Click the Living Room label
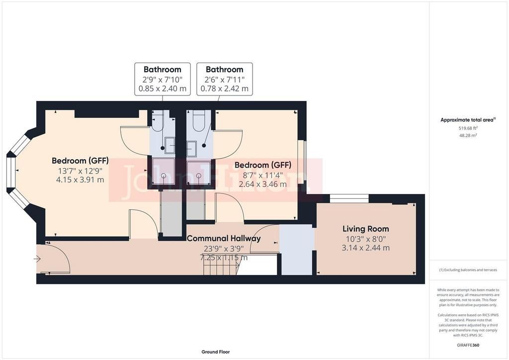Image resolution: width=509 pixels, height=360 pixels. (365, 229)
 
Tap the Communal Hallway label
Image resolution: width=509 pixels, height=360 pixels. (224, 238)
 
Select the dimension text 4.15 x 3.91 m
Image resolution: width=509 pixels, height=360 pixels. (80, 180)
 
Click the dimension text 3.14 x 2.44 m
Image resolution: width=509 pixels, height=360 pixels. (365, 248)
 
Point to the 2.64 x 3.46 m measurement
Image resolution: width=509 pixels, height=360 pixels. (262, 184)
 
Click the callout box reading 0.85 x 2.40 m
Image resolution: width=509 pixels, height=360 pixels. (163, 79)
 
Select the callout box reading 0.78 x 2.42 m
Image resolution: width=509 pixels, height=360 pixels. (225, 79)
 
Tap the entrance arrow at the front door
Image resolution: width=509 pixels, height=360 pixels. (37, 259)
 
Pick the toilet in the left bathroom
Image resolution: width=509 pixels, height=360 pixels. (158, 120)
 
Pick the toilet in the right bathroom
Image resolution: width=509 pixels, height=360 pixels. (198, 120)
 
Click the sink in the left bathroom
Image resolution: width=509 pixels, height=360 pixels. (170, 145)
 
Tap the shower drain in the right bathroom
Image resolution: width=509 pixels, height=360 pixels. (199, 176)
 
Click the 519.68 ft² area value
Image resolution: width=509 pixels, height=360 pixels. (468, 128)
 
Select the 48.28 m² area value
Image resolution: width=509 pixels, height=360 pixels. (468, 135)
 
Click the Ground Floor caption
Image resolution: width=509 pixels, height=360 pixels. (216, 352)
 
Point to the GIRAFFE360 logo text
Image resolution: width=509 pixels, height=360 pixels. (468, 345)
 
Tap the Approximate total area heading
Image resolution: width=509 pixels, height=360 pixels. (468, 120)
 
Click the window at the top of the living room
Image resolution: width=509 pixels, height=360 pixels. (349, 198)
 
